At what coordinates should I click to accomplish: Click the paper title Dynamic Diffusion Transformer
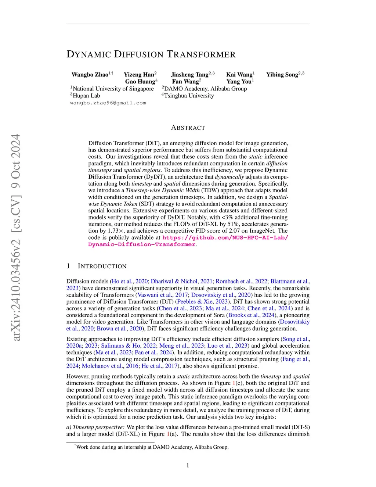pos(151,55)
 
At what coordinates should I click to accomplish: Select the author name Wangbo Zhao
pos(90,75)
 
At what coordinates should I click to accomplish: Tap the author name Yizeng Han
pos(138,75)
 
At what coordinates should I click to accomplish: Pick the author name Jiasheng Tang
pos(190,75)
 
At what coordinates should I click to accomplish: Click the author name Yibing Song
pos(282,75)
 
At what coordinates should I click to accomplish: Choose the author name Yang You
pos(239,82)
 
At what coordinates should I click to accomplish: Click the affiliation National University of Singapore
pos(113,89)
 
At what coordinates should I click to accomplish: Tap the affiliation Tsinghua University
pos(189,96)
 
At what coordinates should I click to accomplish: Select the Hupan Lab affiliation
pos(86,96)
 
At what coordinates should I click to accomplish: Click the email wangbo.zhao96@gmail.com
pos(108,103)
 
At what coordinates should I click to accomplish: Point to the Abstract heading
pos(188,128)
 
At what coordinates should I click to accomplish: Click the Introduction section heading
pos(102,266)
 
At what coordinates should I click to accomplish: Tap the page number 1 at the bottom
pos(188,465)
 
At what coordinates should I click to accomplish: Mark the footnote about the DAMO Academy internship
pos(152,447)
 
